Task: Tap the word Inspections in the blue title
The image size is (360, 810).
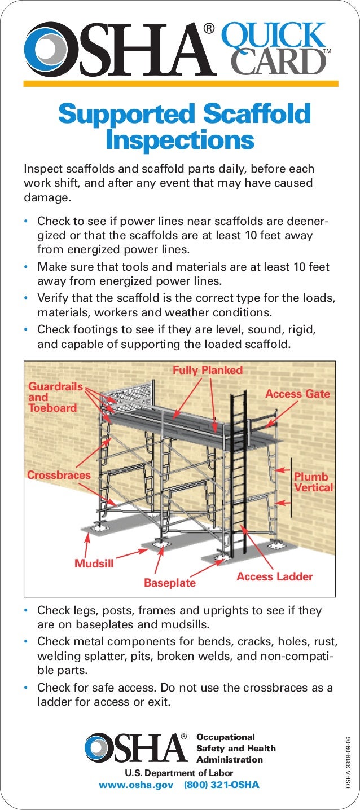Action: point(179,140)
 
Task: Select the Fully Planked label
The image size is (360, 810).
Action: point(207,371)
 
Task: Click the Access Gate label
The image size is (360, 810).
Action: point(297,394)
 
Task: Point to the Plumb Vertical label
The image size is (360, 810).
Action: point(313,482)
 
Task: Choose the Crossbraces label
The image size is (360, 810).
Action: point(59,476)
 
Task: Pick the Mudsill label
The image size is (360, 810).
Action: point(94,564)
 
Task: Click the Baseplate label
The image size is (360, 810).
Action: point(169,583)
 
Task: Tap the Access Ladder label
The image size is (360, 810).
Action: point(274,576)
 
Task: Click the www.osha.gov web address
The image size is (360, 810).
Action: point(135,785)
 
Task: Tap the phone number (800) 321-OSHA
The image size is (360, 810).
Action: point(222,785)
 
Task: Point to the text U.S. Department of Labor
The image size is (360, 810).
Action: point(174,773)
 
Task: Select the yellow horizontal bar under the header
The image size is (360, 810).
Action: point(181,83)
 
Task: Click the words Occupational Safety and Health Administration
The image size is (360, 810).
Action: point(236,749)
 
